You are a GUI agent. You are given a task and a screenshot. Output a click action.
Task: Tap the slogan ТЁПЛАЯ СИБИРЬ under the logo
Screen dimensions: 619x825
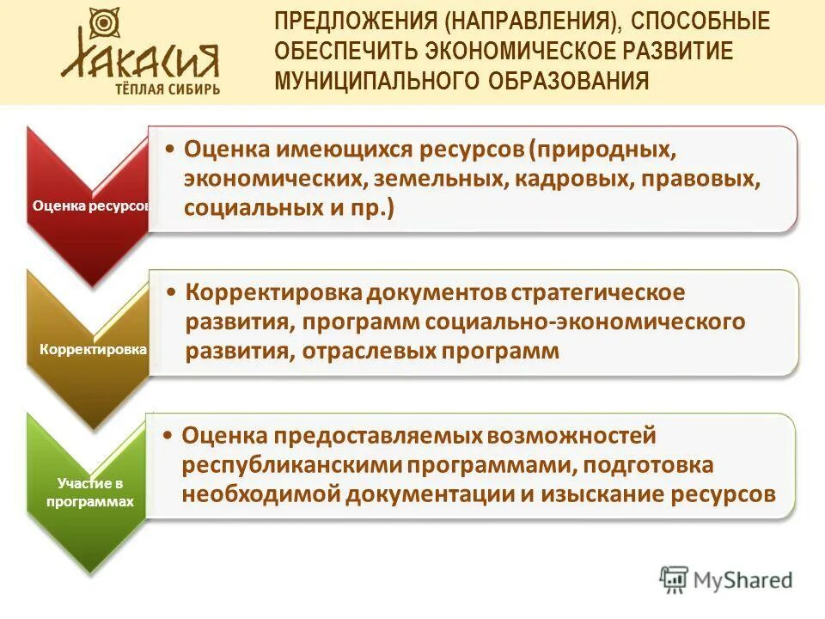tap(168, 89)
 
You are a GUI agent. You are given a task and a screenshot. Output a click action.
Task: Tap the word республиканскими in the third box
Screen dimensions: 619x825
tap(291, 465)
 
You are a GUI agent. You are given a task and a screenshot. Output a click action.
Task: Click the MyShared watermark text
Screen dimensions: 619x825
tap(742, 581)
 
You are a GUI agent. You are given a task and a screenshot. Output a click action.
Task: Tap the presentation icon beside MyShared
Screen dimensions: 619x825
tap(675, 579)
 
